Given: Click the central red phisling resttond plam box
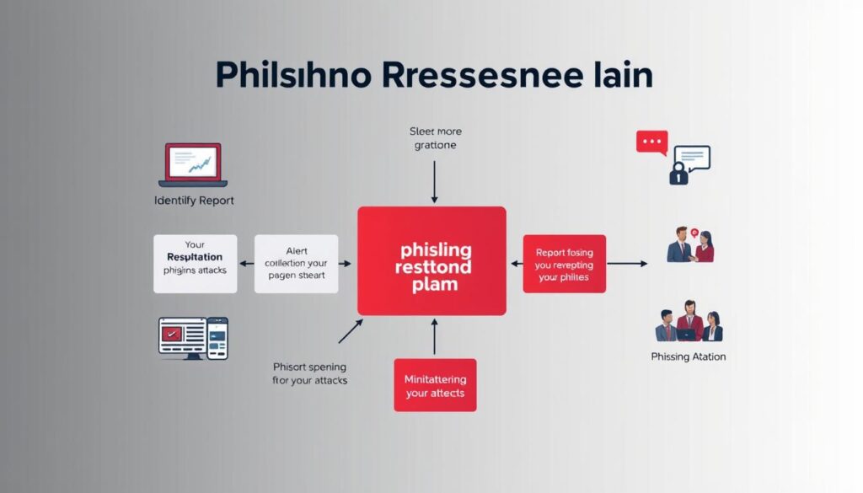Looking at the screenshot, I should pyautogui.click(x=431, y=260).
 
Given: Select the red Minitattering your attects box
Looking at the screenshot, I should pyautogui.click(x=435, y=385).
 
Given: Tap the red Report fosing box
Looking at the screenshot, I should pyautogui.click(x=564, y=263).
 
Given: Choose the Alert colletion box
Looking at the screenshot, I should pyautogui.click(x=296, y=263).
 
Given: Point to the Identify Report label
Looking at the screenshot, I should pyautogui.click(x=194, y=201).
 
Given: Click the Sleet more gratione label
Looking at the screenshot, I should pyautogui.click(x=435, y=138).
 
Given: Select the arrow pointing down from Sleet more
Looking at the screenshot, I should pyautogui.click(x=435, y=180).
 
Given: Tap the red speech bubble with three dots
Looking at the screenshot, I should pyautogui.click(x=651, y=142).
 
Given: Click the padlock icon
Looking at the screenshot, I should pyautogui.click(x=678, y=174).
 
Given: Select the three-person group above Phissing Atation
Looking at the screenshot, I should pyautogui.click(x=689, y=321).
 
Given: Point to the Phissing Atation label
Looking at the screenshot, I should pyautogui.click(x=689, y=356).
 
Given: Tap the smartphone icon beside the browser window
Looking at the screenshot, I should pyautogui.click(x=217, y=339).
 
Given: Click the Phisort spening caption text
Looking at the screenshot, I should pyautogui.click(x=310, y=373).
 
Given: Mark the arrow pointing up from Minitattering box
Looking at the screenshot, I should pyautogui.click(x=435, y=335).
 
